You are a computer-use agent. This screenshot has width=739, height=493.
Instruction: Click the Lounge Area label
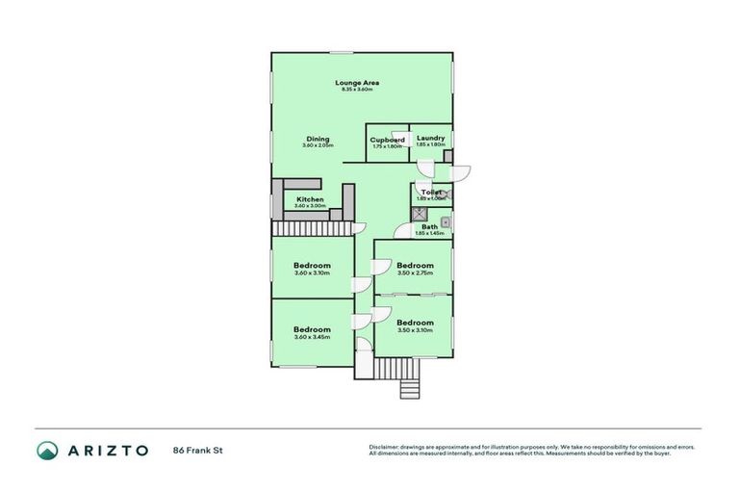pyautogui.click(x=356, y=83)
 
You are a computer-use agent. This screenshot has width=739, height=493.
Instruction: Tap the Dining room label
pyautogui.click(x=318, y=139)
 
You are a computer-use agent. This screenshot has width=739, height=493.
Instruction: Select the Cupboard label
pyautogui.click(x=387, y=140)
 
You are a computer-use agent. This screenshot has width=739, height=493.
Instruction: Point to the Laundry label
pyautogui.click(x=430, y=139)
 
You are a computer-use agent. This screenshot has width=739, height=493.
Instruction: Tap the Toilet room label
pyautogui.click(x=431, y=193)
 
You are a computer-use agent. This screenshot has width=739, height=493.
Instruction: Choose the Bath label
pyautogui.click(x=429, y=227)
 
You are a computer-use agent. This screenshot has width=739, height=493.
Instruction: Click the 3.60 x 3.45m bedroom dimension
pyautogui.click(x=312, y=337)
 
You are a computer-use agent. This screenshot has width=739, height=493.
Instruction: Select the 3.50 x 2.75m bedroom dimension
pyautogui.click(x=415, y=273)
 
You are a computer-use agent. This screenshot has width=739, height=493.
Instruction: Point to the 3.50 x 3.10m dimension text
pyautogui.click(x=415, y=330)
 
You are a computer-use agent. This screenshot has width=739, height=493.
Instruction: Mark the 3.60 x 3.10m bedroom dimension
pyautogui.click(x=312, y=272)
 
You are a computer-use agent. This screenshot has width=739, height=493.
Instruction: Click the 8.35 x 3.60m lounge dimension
pyautogui.click(x=356, y=90)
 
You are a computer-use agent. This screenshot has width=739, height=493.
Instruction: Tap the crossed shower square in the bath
pyautogui.click(x=420, y=216)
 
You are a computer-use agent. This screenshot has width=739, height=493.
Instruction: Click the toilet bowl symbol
pyautogui.click(x=446, y=194)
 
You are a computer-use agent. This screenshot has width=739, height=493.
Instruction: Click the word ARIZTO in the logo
pyautogui.click(x=106, y=450)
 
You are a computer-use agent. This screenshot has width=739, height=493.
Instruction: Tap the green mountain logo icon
pyautogui.click(x=46, y=450)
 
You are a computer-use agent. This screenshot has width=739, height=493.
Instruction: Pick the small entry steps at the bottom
pyautogui.click(x=409, y=388)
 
